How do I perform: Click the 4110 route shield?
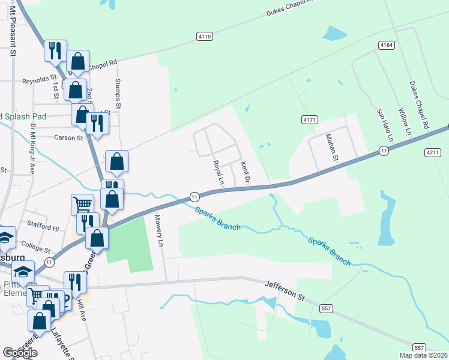tap(205, 37)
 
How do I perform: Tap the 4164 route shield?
tap(387, 45)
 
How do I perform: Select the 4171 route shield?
tap(309, 120)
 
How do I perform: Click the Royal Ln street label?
tap(218, 172)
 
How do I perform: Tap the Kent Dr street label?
tap(245, 172)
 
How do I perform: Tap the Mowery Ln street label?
tap(160, 231)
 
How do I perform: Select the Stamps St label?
tap(118, 92)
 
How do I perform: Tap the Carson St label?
tap(68, 138)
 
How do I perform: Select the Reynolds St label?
tap(40, 80)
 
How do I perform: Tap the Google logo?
tap(20, 353)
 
